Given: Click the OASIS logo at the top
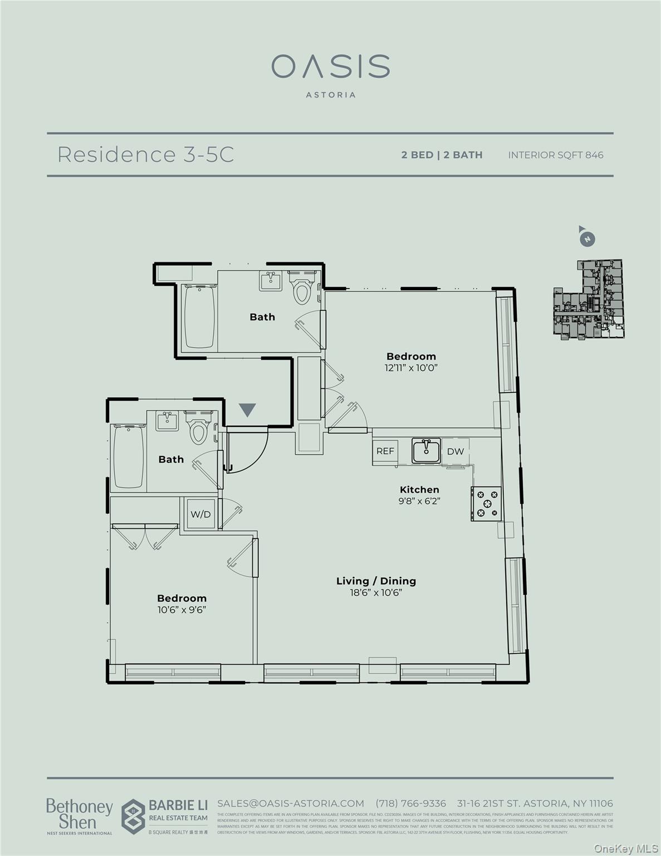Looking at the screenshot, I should coord(330,67).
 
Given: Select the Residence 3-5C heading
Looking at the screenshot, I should coord(145,154).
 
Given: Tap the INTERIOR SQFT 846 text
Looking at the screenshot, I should coord(555,155).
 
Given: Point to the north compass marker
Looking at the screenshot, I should coord(586,239).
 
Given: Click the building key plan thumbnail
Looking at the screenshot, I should coord(588,299).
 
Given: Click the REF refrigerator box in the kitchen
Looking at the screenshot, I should coord(385,451).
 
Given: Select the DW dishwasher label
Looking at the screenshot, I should coord(455,451).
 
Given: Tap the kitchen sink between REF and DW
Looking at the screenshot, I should coord(426,450).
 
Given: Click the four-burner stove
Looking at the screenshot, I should coord(486,504).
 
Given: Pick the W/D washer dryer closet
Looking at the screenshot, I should coord(200,514).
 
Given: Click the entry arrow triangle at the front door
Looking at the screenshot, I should coord(247,410).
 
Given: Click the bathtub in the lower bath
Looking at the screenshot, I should coord(128,456).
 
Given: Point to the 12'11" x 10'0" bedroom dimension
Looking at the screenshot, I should coord(411,368).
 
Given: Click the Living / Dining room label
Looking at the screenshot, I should coord(376,581).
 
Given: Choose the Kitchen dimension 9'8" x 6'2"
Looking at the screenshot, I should coord(419,500).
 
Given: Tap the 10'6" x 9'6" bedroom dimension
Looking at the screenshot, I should coord(182,610).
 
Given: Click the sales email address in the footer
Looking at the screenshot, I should coord(290,803).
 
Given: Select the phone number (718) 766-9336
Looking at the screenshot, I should coord(410,803).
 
